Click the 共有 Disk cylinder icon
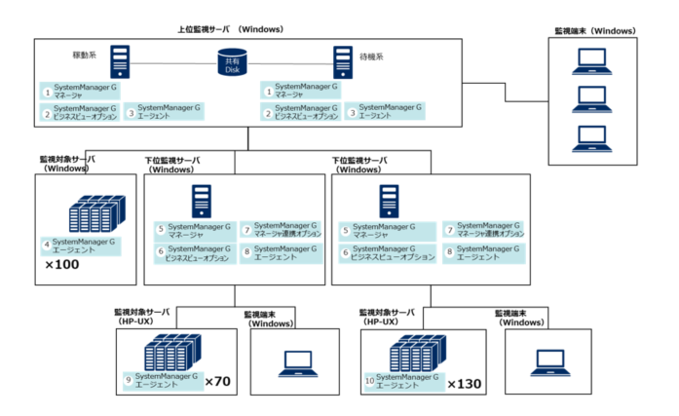tap(232, 64)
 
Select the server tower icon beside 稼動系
tap(119, 62)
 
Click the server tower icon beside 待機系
tap(343, 62)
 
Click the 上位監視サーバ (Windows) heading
tap(231, 29)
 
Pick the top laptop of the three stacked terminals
tap(591, 61)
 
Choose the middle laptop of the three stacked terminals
tap(591, 98)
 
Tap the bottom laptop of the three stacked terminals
tap(591, 135)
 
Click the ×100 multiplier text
tap(62, 264)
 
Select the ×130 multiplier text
tap(464, 384)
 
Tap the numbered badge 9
tap(128, 379)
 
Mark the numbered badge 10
tap(369, 380)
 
